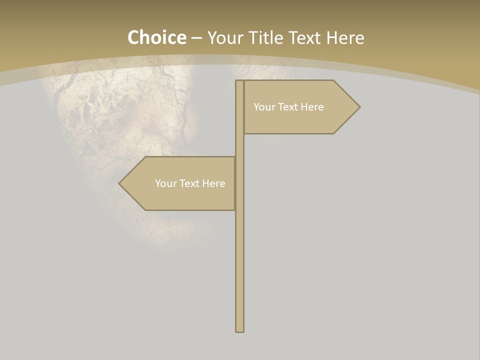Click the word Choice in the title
click(156, 37)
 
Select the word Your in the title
click(225, 38)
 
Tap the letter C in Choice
click(134, 37)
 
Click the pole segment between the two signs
click(239, 145)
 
